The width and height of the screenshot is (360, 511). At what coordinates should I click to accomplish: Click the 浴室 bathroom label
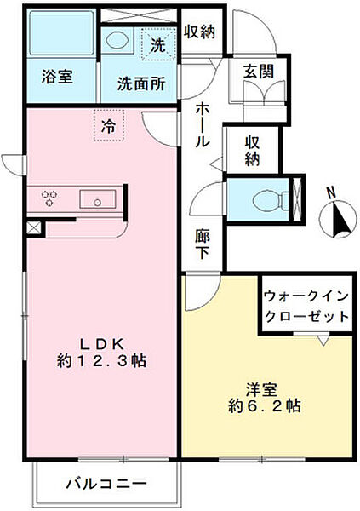pos(57,76)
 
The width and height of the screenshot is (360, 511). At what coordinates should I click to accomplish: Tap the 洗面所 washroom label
pos(141,84)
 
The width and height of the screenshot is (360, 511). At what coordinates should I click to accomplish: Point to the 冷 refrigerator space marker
pos(109,126)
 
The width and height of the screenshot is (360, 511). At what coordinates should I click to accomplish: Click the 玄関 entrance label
pos(257,72)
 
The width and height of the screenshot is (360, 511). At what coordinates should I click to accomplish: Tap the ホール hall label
pos(204,123)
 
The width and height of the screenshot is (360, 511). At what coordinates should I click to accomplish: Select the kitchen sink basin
pos(97,200)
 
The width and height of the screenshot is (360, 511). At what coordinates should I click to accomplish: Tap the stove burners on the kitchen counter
pos(49,199)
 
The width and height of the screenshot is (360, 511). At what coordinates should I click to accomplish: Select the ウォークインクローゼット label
pos(306,306)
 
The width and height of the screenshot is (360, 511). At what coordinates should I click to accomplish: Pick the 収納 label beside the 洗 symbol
pos(200,31)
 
